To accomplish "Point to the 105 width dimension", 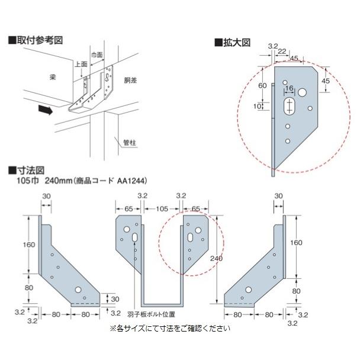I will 162,209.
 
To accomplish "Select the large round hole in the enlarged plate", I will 303,92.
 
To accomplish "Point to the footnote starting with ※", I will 169,327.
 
